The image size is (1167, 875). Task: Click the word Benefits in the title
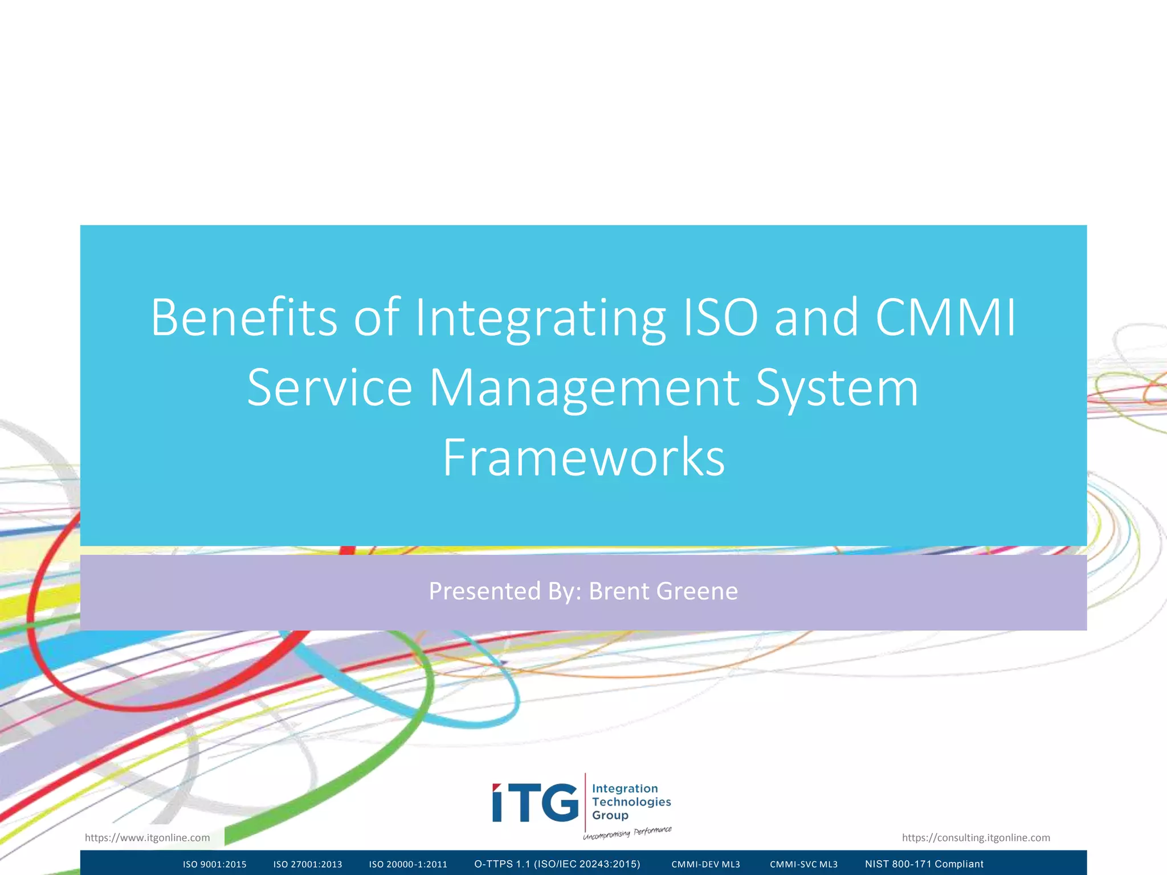(x=244, y=317)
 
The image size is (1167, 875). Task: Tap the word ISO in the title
(x=720, y=317)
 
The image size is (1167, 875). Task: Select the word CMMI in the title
(x=945, y=317)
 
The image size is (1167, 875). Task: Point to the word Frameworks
(x=583, y=457)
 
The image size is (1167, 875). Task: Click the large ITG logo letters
(x=535, y=803)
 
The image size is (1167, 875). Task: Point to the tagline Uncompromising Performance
(x=627, y=833)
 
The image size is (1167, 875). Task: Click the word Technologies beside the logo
(x=631, y=802)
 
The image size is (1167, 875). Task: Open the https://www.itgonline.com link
(x=147, y=837)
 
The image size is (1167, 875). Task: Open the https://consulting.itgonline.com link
(x=976, y=837)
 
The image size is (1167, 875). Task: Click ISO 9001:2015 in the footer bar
(x=215, y=864)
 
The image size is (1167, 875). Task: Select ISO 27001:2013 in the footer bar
(x=308, y=864)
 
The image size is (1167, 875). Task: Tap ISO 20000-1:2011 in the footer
(x=408, y=864)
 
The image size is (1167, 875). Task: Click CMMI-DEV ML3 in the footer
(x=705, y=864)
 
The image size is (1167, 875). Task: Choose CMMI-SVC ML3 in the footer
(x=803, y=864)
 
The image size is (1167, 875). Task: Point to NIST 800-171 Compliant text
(x=924, y=864)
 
